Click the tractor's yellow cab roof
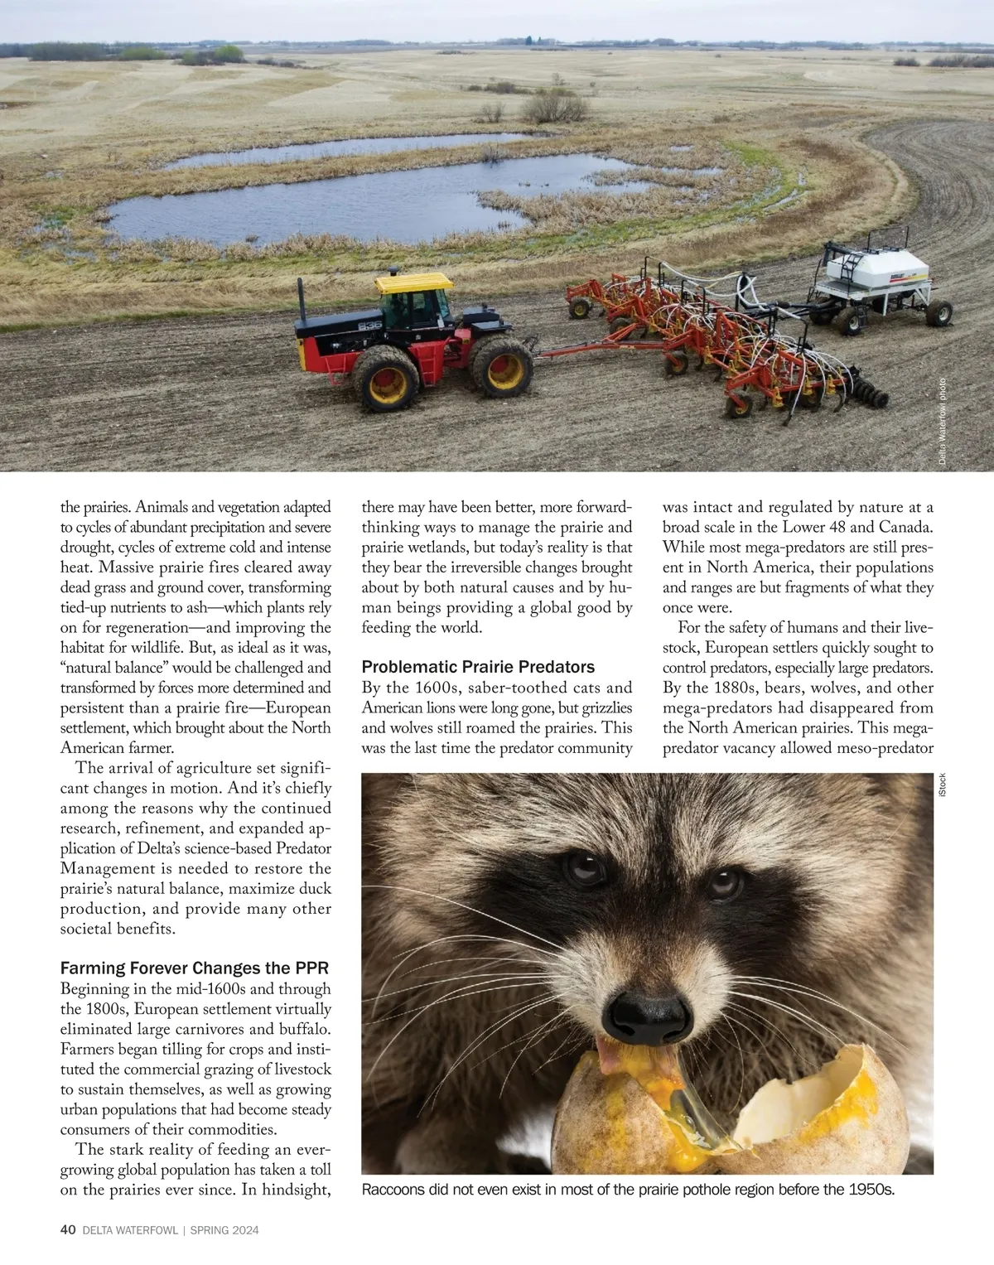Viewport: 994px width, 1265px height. click(x=413, y=283)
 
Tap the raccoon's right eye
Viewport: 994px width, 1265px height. click(x=723, y=883)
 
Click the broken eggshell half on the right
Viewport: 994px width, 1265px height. click(x=828, y=1110)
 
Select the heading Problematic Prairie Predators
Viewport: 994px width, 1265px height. click(x=478, y=667)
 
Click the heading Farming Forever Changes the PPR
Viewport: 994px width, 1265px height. click(x=195, y=968)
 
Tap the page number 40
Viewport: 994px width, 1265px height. click(x=68, y=1230)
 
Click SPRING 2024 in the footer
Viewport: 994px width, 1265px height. click(x=224, y=1230)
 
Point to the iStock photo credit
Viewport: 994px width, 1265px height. click(x=942, y=785)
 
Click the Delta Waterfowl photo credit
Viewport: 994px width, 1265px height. click(x=942, y=422)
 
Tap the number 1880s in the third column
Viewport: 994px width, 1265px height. click(x=706, y=688)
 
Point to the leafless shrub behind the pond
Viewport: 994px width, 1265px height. click(x=553, y=106)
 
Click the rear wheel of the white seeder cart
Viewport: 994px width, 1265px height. click(x=939, y=312)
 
